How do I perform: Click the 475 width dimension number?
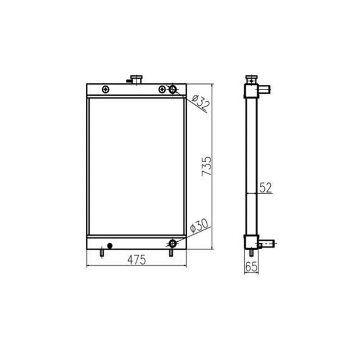pos(137,260)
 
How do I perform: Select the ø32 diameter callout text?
pos(200,103)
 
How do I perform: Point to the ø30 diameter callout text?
pos(199,226)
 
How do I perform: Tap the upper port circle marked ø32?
pos(173,89)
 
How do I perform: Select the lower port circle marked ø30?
pos(172,243)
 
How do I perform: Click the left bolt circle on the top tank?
pos(105,89)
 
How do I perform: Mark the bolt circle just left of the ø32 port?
pos(162,89)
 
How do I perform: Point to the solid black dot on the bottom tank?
pos(110,246)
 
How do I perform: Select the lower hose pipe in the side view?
pos(267,243)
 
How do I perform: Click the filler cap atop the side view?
pos(251,78)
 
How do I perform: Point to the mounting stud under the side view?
pos(251,253)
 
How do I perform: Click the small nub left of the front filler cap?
pos(129,81)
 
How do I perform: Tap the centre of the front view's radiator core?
pos(136,166)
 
